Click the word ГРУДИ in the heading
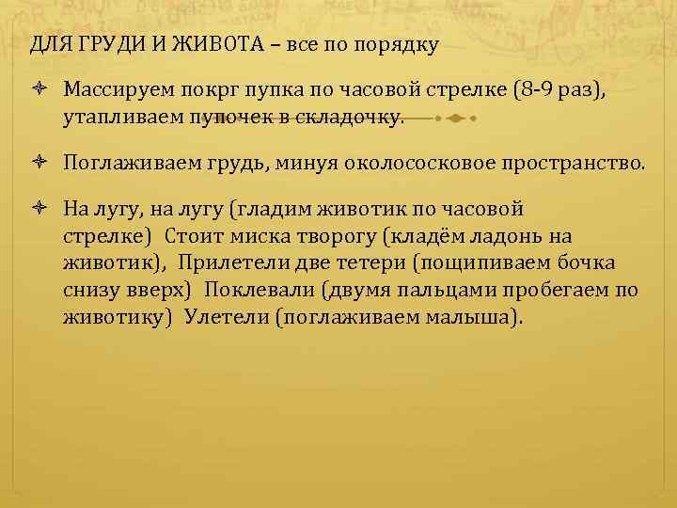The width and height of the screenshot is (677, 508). [x=100, y=44]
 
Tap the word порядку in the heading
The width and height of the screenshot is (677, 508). [x=397, y=44]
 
